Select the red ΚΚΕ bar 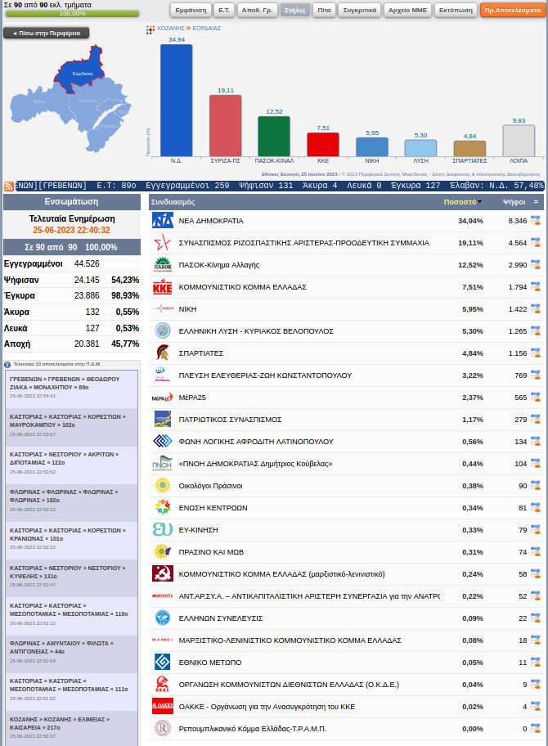(323, 144)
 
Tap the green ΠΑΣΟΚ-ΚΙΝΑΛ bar (274, 136)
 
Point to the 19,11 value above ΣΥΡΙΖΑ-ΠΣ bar (225, 90)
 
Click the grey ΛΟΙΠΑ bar (519, 140)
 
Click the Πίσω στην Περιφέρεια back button (47, 33)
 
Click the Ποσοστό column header (460, 201)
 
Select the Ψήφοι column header (514, 201)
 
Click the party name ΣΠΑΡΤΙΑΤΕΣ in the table (201, 353)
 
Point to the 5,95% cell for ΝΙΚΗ (470, 309)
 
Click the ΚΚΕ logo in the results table (163, 287)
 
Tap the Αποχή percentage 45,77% (125, 344)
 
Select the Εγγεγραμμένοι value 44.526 (87, 263)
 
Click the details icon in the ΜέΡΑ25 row (536, 398)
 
